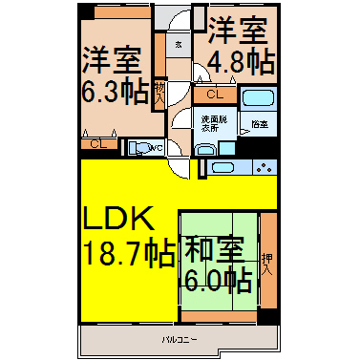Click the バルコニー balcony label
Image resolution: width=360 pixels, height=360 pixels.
(x=173, y=339)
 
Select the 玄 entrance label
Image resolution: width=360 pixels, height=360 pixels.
(x=179, y=45)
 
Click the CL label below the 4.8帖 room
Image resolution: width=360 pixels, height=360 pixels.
(x=215, y=95)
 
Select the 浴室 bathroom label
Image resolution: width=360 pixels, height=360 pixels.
(x=259, y=124)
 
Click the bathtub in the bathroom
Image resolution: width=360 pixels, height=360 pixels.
(x=258, y=101)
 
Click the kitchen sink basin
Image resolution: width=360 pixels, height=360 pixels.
(x=222, y=168)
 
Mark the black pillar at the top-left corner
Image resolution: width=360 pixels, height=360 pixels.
(x=86, y=12)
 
